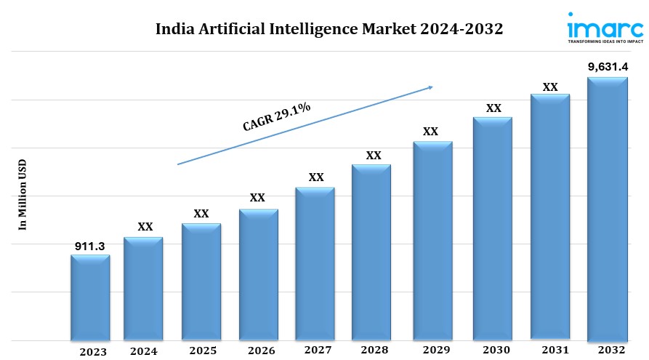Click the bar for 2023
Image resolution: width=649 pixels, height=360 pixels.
click(x=90, y=298)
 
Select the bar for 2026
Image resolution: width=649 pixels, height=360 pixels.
click(x=258, y=275)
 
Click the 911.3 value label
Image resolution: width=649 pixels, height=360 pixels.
click(x=90, y=247)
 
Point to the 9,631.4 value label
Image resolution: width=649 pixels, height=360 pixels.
click(x=608, y=67)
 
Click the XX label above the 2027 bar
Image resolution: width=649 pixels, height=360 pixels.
click(x=316, y=177)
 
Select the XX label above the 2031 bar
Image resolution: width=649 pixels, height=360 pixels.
click(x=550, y=87)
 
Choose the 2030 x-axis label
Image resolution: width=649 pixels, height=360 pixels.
click(x=493, y=351)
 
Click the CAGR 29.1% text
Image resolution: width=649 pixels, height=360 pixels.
click(x=276, y=116)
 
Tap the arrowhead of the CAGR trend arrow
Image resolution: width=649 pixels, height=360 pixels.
click(x=430, y=87)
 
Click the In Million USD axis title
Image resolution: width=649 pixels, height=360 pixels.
click(x=22, y=194)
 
